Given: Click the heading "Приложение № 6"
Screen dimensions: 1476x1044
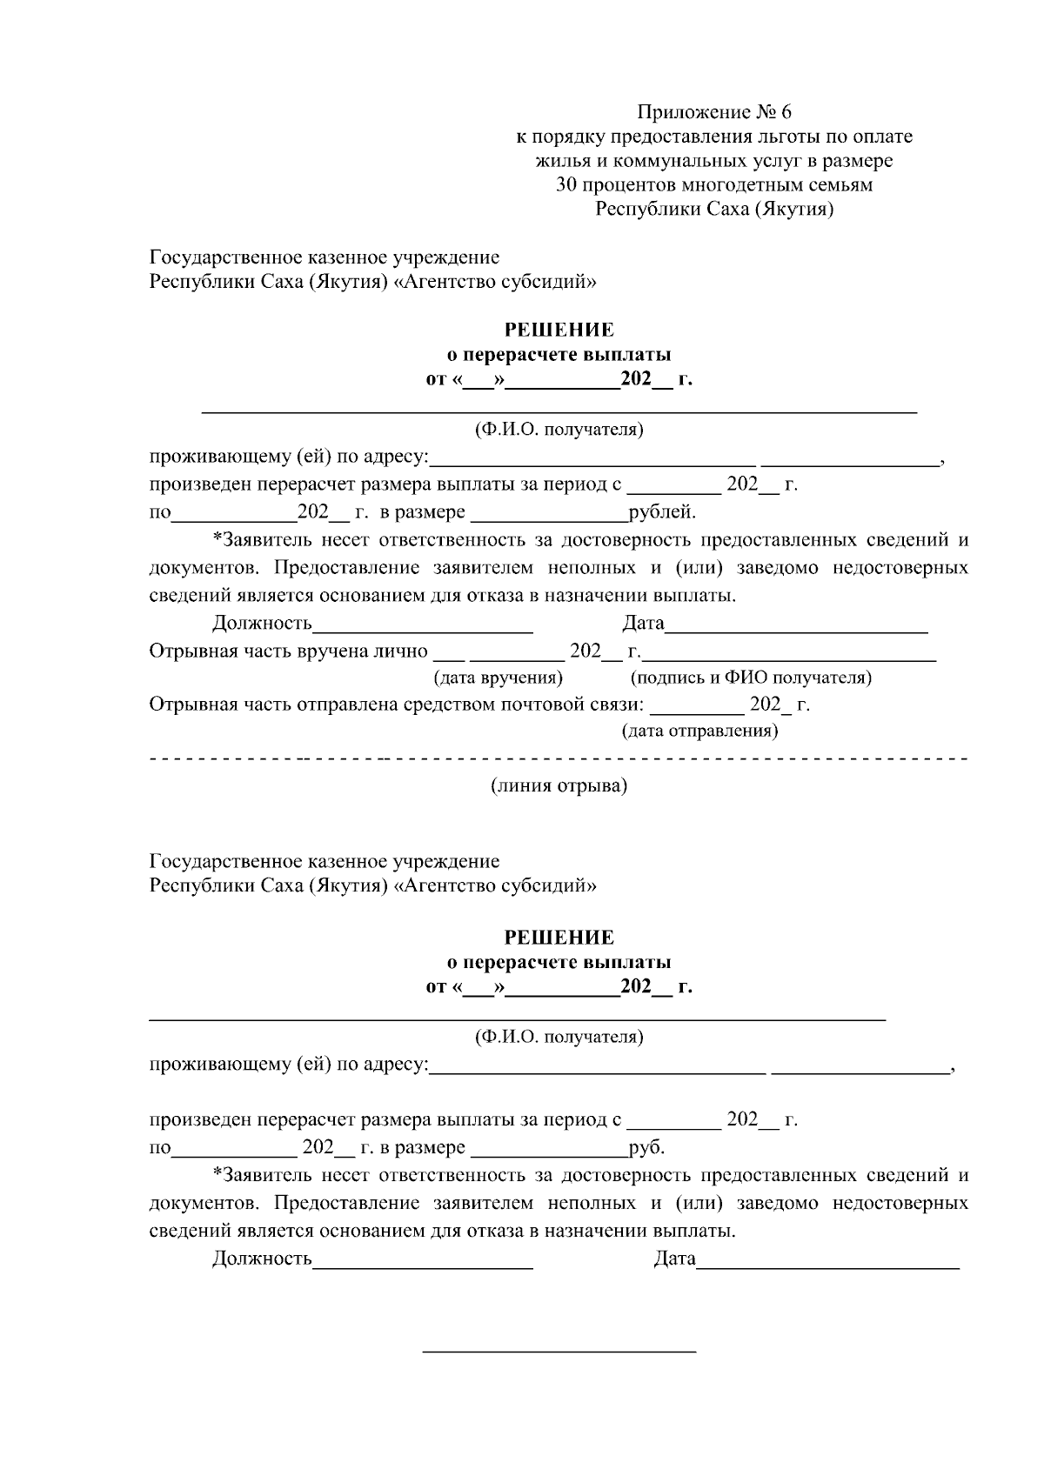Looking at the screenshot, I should click(714, 112).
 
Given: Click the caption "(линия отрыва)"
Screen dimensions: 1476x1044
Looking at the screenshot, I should click(559, 786).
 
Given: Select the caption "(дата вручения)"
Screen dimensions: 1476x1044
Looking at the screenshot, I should click(498, 678).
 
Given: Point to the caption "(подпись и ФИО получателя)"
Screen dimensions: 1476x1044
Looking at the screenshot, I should click(751, 678).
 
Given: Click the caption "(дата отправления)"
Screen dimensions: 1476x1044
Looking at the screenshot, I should click(699, 731).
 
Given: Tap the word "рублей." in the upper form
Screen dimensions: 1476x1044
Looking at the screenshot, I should click(662, 512).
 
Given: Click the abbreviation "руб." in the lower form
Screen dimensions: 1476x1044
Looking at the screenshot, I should click(647, 1147).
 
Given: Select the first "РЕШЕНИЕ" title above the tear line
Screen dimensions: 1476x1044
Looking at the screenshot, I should click(559, 330).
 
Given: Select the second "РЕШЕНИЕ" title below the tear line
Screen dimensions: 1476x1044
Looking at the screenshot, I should click(559, 938).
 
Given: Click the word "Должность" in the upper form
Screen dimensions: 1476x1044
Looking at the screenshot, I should click(262, 624).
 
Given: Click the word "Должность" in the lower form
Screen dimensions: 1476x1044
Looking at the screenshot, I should click(262, 1259).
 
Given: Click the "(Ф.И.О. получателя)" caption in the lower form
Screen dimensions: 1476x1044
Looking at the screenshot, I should click(559, 1037).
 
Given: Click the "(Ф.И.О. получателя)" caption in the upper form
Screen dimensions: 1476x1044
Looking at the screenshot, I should click(559, 430).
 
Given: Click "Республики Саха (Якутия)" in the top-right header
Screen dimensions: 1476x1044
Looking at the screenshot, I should click(714, 210).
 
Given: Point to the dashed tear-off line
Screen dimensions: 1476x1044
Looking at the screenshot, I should click(559, 760).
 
